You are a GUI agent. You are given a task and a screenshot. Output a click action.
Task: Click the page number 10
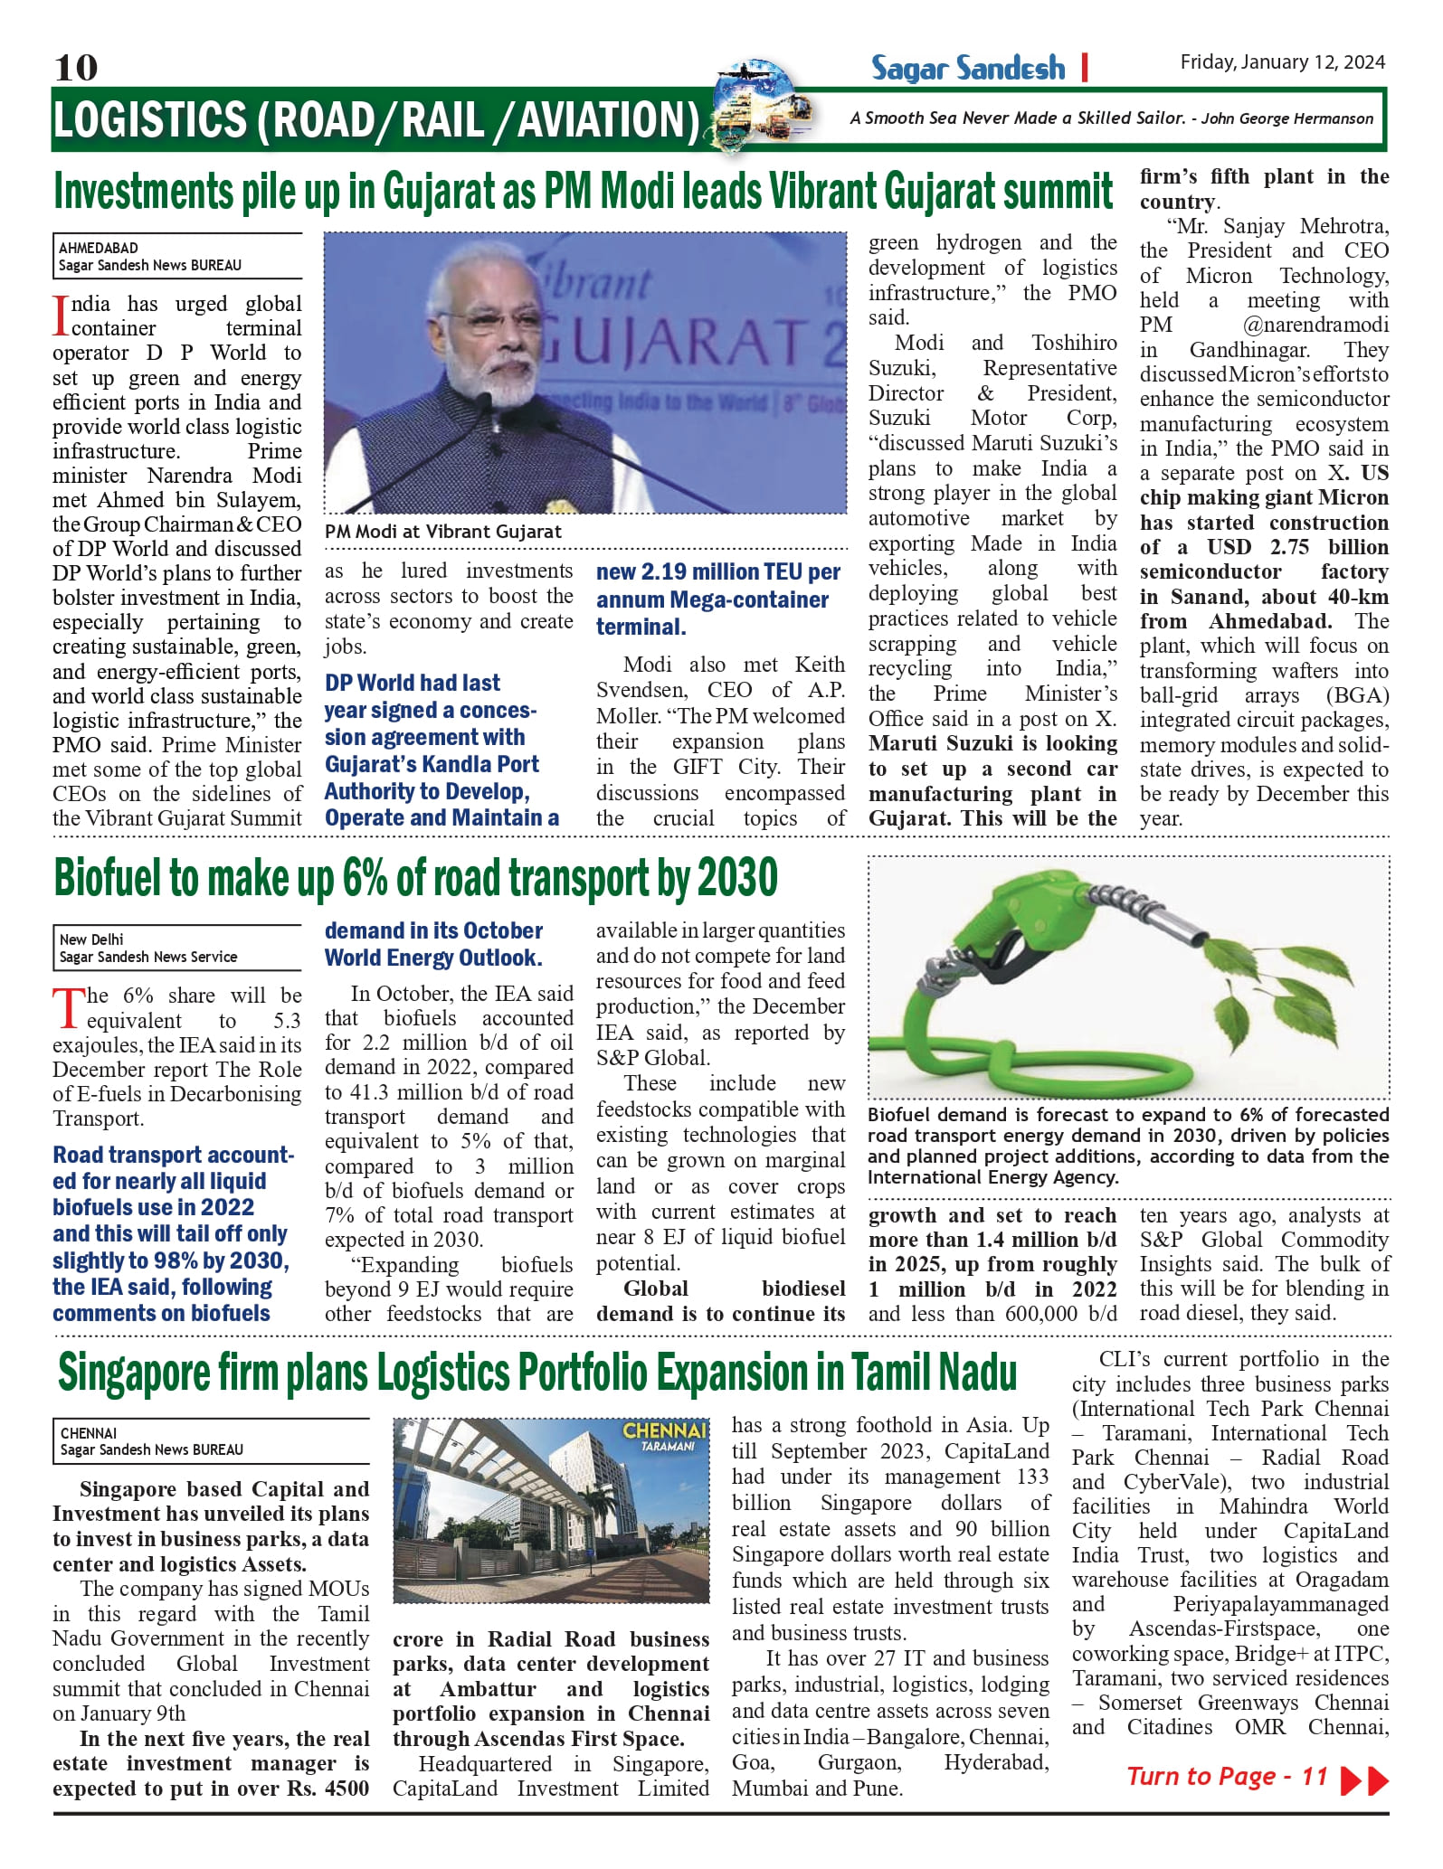[76, 68]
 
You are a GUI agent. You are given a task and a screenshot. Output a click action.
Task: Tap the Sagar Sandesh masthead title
[968, 68]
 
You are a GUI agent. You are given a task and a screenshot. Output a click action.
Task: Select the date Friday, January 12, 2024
[1282, 61]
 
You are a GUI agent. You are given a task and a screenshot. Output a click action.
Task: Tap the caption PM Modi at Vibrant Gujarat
[443, 532]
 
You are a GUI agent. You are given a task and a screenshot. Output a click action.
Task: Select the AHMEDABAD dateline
[99, 248]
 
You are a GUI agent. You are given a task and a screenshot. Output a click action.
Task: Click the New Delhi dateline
[91, 939]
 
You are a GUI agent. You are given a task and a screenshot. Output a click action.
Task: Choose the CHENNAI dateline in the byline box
[89, 1432]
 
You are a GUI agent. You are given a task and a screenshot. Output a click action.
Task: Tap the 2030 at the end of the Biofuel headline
[738, 878]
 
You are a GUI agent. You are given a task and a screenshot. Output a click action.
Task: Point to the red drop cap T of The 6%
[67, 1007]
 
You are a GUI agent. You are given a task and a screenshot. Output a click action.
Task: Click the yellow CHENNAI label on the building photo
[664, 1431]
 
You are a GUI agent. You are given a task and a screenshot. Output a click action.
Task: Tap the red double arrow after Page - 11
[1364, 1779]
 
